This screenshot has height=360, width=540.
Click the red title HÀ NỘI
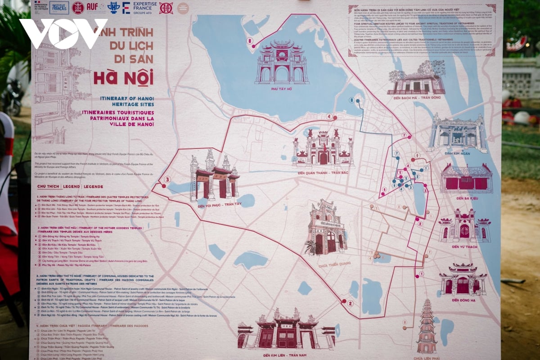pyautogui.click(x=123, y=76)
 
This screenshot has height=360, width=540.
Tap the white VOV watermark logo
pyautogui.click(x=63, y=33)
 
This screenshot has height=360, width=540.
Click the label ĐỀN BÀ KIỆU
pyautogui.click(x=466, y=198)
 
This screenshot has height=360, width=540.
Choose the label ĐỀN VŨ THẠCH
pyautogui.click(x=464, y=247)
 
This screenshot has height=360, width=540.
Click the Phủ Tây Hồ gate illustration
pyautogui.click(x=282, y=63)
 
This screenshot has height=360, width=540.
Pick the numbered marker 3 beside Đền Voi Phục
pyautogui.click(x=167, y=180)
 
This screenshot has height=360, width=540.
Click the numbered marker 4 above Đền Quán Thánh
pyautogui.click(x=329, y=117)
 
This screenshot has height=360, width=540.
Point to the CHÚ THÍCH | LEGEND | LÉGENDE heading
pyautogui.click(x=70, y=186)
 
